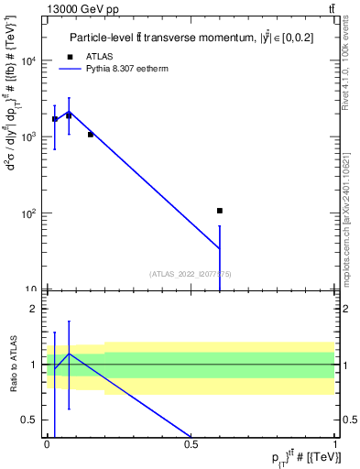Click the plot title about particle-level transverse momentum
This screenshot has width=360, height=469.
(193, 38)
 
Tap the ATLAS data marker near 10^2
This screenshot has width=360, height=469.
(220, 211)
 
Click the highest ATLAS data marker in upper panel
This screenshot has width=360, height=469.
(69, 116)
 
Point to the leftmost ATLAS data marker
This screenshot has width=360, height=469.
(55, 119)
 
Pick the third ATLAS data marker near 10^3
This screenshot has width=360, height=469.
(91, 135)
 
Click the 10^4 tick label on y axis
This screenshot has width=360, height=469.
(29, 61)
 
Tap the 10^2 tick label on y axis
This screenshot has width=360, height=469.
(29, 213)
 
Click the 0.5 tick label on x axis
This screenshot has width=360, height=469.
(191, 444)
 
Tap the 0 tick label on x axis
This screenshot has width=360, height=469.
(47, 444)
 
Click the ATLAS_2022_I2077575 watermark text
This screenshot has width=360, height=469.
(191, 273)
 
